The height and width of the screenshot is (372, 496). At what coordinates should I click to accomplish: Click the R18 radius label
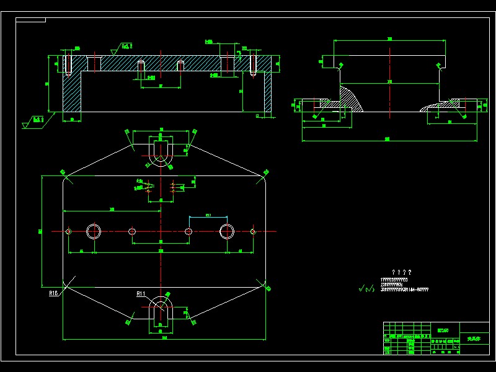53,293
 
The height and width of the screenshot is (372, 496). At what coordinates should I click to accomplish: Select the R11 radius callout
141,293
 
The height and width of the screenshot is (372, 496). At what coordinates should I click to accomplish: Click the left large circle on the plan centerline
94,231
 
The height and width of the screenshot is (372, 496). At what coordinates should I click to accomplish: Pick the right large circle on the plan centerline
227,231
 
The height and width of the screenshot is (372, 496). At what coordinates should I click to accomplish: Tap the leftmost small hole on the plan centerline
68,231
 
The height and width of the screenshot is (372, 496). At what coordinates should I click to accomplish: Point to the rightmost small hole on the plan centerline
253,231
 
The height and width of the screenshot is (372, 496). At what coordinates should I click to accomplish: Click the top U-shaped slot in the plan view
161,153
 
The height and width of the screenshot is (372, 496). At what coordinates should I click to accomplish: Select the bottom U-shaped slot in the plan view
161,308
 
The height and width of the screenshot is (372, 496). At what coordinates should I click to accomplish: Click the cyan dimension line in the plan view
208,217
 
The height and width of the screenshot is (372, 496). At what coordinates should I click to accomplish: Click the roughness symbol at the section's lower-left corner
30,122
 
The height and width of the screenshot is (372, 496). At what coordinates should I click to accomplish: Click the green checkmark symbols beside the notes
366,288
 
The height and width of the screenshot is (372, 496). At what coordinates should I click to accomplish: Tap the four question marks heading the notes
402,272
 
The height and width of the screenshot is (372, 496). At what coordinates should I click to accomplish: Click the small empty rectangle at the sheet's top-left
30,20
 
